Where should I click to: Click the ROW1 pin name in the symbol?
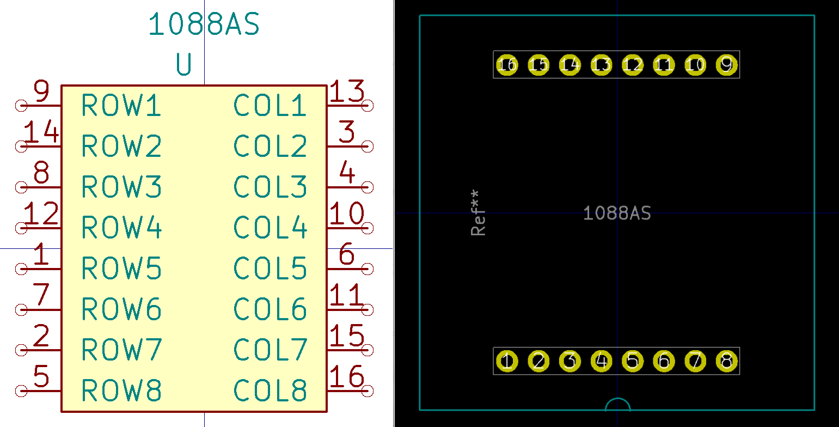point(121,105)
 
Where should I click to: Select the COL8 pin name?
point(271,391)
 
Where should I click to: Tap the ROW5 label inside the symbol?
point(121,268)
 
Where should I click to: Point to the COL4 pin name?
point(271,228)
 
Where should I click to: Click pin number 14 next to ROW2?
point(41,133)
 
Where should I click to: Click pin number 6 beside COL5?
point(347,255)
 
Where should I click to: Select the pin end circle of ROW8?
point(21,391)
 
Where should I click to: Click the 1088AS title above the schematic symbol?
point(204,25)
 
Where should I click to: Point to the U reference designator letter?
point(184,65)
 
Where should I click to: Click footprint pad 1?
point(507,361)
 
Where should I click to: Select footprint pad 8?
point(726,361)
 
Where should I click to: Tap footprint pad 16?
point(507,65)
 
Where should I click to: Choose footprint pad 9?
point(726,65)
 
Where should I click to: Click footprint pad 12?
point(633,65)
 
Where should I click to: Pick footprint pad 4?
point(601,361)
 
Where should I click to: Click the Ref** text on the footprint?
point(478,213)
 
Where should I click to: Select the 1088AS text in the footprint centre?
point(617,213)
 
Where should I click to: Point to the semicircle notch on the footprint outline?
point(618,405)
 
